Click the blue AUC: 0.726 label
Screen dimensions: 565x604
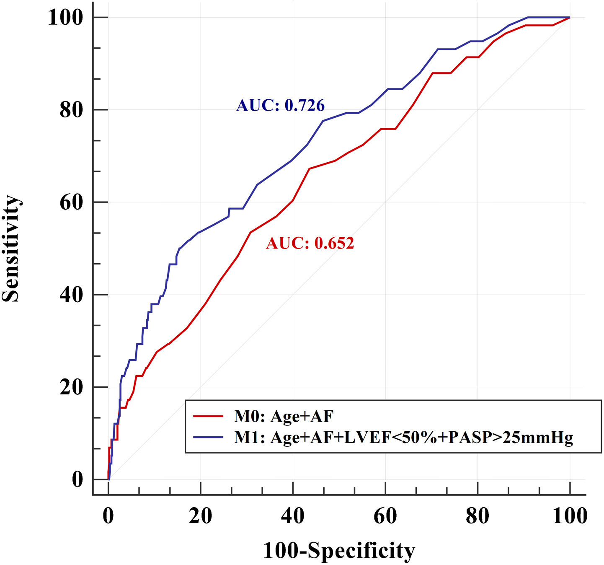(280, 105)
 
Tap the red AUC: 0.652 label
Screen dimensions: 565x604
(310, 243)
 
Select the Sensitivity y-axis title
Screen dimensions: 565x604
(11, 248)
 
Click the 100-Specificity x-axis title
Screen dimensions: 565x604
(339, 551)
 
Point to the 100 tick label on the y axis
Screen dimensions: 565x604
(66, 18)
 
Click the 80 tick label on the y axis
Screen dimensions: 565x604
(71, 110)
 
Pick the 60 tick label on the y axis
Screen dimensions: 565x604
(71, 202)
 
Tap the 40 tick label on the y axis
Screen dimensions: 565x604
(71, 295)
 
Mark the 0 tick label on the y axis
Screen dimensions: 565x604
(77, 479)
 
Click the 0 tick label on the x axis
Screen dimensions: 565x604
(108, 516)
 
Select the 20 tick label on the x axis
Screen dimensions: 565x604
(200, 516)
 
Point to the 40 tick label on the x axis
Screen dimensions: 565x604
(293, 516)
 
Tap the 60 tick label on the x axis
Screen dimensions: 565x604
(385, 516)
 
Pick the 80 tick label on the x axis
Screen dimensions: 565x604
(478, 516)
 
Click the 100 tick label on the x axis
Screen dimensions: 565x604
(570, 516)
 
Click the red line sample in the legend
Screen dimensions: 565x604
(208, 416)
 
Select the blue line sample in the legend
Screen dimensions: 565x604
(208, 437)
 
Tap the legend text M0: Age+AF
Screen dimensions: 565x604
(284, 416)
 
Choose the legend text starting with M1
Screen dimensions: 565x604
(403, 437)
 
